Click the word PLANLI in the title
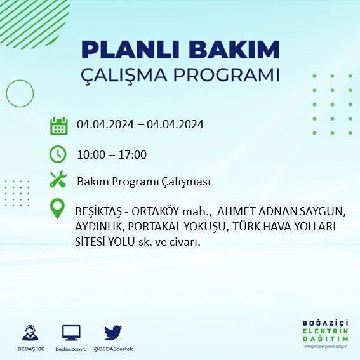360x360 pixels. coord(130,50)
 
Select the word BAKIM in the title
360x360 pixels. coord(234,50)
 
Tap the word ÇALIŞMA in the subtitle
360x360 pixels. coord(124,75)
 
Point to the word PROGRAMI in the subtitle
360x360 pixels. coord(227,75)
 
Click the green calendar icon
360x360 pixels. coord(59,126)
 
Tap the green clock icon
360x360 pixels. coord(58,154)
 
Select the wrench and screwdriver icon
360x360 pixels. coord(58,179)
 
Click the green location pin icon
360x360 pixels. coord(57,208)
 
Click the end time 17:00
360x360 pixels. coord(133,155)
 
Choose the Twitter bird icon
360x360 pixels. coord(113,333)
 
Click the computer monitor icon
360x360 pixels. coord(71,333)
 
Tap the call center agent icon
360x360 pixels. coord(30,333)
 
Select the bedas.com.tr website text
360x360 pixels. coord(71,349)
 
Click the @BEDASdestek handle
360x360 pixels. coord(113,349)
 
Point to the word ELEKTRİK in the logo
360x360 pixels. coord(326,331)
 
